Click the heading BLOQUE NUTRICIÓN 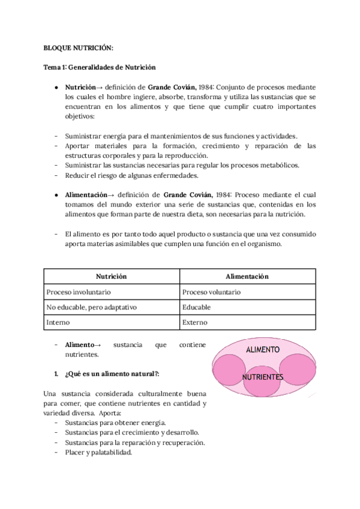(79, 47)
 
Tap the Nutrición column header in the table (112, 276)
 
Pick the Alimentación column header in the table (247, 276)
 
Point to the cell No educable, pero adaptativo (91, 307)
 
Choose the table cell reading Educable (196, 307)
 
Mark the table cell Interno (58, 322)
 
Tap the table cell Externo (195, 322)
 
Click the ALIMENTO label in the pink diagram (262, 349)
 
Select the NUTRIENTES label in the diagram (262, 377)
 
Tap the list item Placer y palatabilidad (98, 453)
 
